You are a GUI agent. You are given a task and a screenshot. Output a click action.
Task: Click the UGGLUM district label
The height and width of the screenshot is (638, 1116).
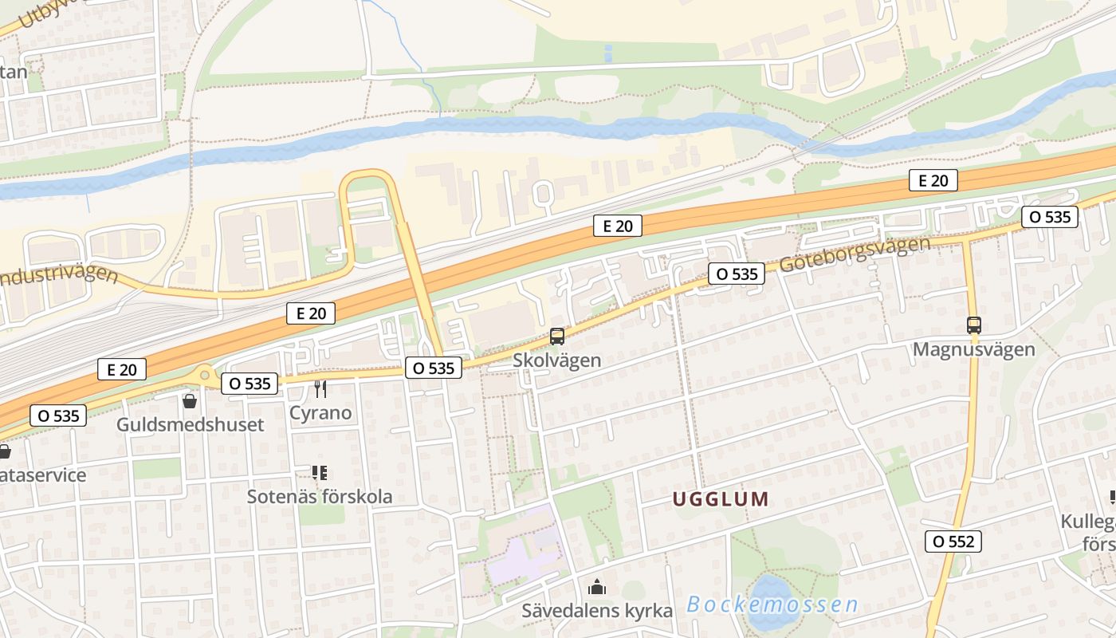[721, 500]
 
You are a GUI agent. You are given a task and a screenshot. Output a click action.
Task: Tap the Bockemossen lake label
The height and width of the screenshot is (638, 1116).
[772, 605]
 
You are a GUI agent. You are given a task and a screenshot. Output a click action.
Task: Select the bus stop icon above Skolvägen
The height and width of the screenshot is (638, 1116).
[557, 337]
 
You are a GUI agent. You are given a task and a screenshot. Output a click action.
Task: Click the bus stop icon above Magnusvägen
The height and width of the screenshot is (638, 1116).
[973, 325]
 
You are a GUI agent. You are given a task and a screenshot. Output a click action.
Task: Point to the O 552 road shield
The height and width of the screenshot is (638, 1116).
[953, 542]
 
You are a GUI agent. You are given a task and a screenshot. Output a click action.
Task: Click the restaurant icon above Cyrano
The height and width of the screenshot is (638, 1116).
[320, 389]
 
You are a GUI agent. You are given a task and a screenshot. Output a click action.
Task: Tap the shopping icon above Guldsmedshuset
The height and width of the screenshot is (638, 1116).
[190, 400]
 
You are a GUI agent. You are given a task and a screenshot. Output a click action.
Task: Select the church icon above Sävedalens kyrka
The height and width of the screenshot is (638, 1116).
[597, 589]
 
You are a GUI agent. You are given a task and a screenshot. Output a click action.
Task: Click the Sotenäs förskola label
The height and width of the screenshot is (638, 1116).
[319, 496]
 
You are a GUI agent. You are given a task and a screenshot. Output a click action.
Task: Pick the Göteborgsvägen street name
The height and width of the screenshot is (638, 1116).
[855, 254]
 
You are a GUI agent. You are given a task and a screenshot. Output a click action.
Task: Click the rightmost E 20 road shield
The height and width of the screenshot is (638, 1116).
[933, 180]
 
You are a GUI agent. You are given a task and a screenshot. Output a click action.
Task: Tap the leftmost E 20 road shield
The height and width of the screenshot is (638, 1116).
[122, 369]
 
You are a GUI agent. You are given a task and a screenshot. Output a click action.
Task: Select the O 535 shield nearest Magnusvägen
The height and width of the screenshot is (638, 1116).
[1050, 216]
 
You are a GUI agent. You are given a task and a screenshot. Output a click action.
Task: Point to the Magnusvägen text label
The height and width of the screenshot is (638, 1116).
[973, 349]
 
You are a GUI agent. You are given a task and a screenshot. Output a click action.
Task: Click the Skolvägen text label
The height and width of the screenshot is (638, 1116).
[556, 360]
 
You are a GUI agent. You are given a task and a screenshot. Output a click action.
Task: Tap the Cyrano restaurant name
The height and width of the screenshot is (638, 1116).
[320, 412]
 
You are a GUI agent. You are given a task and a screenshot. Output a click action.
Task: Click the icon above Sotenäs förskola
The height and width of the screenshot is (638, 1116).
[320, 473]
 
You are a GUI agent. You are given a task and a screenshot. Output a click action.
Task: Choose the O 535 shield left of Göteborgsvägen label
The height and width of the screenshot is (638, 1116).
[737, 274]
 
